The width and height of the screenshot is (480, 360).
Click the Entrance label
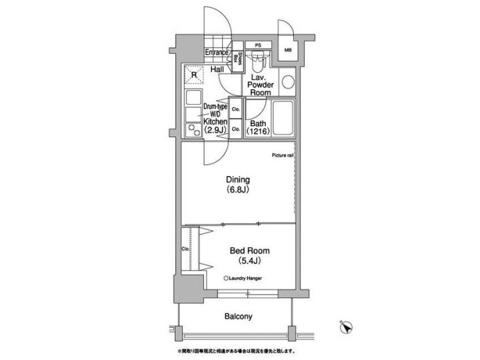(217, 52)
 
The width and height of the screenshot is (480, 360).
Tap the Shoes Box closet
(237, 58)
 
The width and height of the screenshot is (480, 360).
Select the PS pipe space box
(257, 46)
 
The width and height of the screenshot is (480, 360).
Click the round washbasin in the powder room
(287, 83)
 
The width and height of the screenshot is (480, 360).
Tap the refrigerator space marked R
(193, 76)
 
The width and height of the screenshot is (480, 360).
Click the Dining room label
(237, 179)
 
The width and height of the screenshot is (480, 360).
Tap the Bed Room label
(249, 251)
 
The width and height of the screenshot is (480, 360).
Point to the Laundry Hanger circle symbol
(227, 278)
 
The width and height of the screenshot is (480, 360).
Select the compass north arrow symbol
(345, 327)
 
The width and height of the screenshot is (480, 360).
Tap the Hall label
(217, 69)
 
